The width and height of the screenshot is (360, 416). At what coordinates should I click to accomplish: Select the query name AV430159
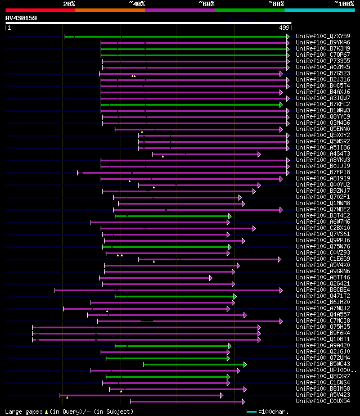click(21, 19)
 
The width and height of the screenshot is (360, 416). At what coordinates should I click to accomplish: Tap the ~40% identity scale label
click(137, 4)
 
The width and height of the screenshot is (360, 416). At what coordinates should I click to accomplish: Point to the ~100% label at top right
click(344, 4)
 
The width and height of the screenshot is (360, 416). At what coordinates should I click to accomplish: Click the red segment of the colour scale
click(40, 10)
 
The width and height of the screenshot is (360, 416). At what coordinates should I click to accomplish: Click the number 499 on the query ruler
click(284, 27)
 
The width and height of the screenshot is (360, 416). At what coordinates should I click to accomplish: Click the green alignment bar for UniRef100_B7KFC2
click(191, 105)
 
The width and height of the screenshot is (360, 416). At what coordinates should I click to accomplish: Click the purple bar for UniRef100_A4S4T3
click(206, 154)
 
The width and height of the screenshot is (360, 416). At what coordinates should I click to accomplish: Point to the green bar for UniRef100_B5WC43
click(192, 364)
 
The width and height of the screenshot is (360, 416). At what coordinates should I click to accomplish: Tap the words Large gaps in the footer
click(23, 412)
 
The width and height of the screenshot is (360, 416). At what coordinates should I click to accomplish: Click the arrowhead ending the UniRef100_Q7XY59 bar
click(288, 37)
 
